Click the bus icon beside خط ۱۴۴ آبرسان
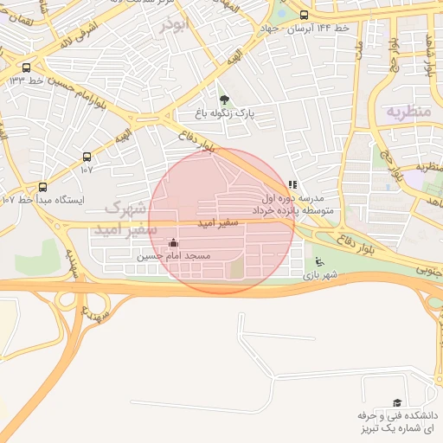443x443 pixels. click(304, 15)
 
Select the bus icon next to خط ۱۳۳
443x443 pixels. click(26, 67)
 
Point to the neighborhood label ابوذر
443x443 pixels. click(173, 25)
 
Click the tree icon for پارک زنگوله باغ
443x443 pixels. click(225, 100)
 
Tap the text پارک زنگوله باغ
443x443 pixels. click(225, 113)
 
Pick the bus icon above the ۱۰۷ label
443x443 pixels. click(87, 157)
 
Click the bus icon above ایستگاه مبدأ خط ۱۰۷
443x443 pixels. click(43, 186)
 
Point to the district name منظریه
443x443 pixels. click(407, 111)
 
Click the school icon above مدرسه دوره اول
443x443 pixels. click(292, 184)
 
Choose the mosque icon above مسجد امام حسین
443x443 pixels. click(174, 243)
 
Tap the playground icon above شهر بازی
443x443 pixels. click(319, 262)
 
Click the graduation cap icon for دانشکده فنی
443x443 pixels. click(397, 403)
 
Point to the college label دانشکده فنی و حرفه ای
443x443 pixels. click(396, 422)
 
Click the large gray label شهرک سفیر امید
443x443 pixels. click(131, 219)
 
